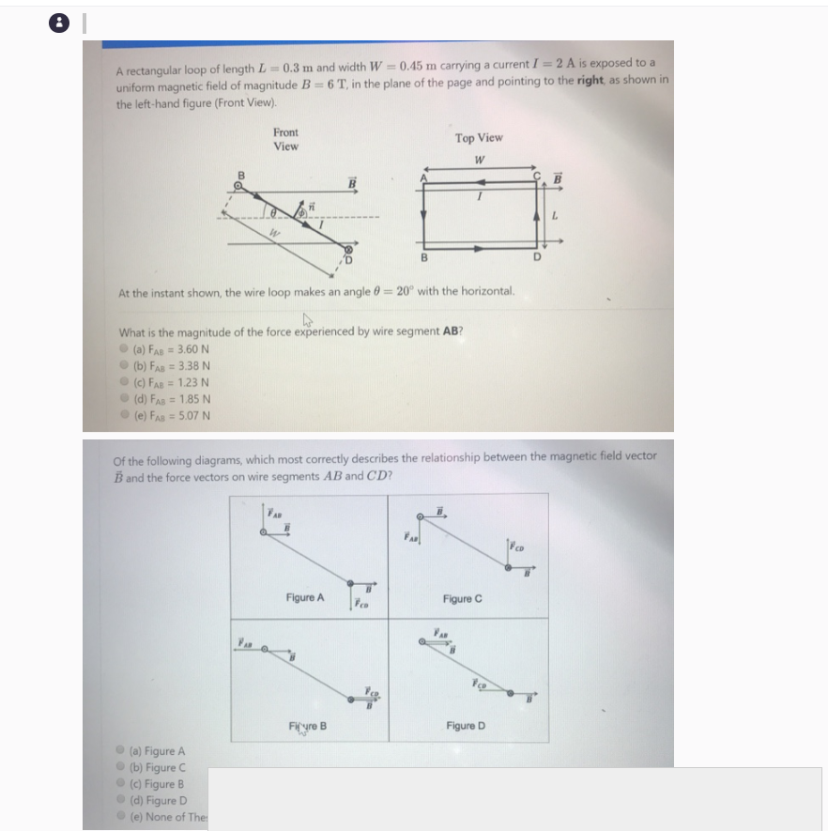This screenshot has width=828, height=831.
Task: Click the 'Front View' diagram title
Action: point(285,140)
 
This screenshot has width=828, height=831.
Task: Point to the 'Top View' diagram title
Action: point(479,138)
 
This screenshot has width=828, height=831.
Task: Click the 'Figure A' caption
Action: point(305,598)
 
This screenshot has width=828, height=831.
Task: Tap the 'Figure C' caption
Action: point(463,599)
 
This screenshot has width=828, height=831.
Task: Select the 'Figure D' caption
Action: point(467,726)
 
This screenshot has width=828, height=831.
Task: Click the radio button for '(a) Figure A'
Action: point(121,751)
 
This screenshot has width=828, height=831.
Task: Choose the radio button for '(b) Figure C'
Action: point(121,767)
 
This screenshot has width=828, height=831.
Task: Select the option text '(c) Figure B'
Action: point(161,784)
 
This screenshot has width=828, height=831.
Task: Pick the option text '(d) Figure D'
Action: point(161,801)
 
